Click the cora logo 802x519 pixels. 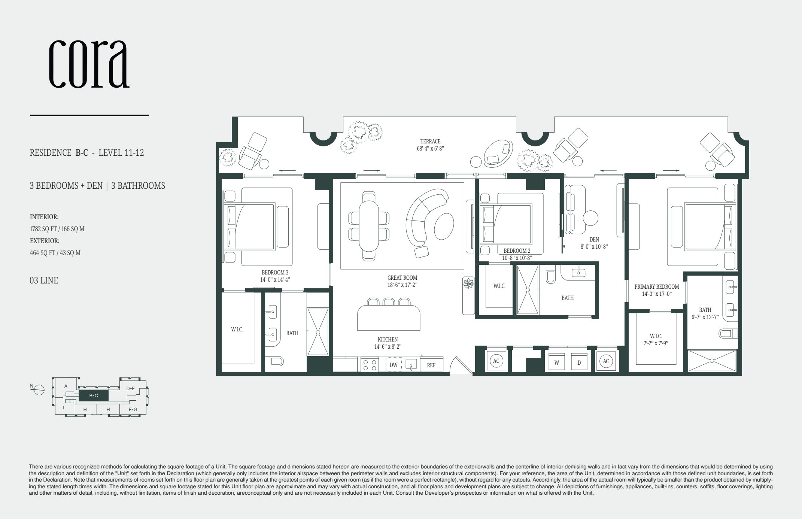[89, 64]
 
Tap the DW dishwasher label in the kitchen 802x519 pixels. [394, 365]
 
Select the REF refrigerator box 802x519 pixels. [431, 365]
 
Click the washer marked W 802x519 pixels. [557, 362]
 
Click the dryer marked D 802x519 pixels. [579, 362]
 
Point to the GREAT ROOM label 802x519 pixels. [402, 278]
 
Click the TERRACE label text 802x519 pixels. [430, 142]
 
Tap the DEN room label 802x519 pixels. [594, 240]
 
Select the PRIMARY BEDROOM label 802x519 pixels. [657, 287]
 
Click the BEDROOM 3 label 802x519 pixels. [275, 273]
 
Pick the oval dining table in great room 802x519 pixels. [369, 227]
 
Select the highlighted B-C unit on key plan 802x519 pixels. [94, 395]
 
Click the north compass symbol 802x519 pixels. [39, 390]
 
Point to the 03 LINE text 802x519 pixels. [44, 280]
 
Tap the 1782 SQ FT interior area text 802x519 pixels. [57, 229]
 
